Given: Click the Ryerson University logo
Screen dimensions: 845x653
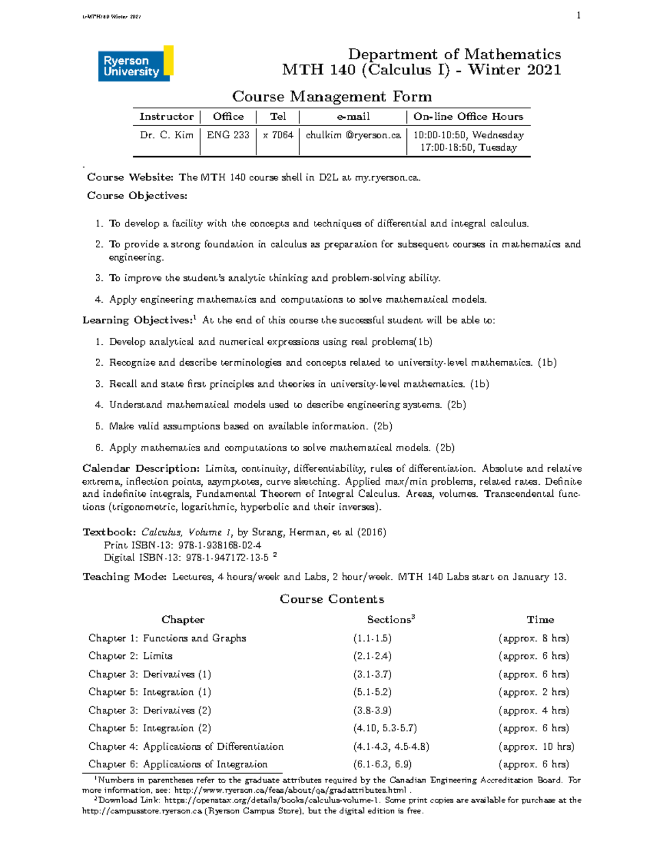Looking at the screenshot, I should click(x=135, y=64).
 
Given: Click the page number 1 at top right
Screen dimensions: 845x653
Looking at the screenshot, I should click(x=578, y=15).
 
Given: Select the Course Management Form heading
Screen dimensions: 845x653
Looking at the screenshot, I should click(x=332, y=97).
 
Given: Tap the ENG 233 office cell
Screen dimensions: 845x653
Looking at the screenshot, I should click(x=228, y=135).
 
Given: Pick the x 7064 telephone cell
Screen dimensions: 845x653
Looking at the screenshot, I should click(x=278, y=135).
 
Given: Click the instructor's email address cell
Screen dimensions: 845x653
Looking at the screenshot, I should click(x=353, y=135).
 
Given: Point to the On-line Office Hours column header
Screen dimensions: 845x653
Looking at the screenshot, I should click(x=468, y=116).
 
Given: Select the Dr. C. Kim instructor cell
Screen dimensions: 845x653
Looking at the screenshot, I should click(x=167, y=135).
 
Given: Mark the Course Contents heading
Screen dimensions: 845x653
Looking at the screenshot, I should click(x=332, y=599).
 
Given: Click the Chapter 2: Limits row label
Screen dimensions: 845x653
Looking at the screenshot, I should click(x=131, y=656).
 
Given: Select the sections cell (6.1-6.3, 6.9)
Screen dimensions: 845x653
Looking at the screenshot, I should click(x=383, y=764).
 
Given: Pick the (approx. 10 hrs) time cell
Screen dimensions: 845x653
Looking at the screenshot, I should click(x=536, y=747).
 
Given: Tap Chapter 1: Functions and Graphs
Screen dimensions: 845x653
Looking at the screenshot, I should click(x=167, y=638).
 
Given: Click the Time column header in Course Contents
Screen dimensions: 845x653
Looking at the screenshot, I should click(x=540, y=620).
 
